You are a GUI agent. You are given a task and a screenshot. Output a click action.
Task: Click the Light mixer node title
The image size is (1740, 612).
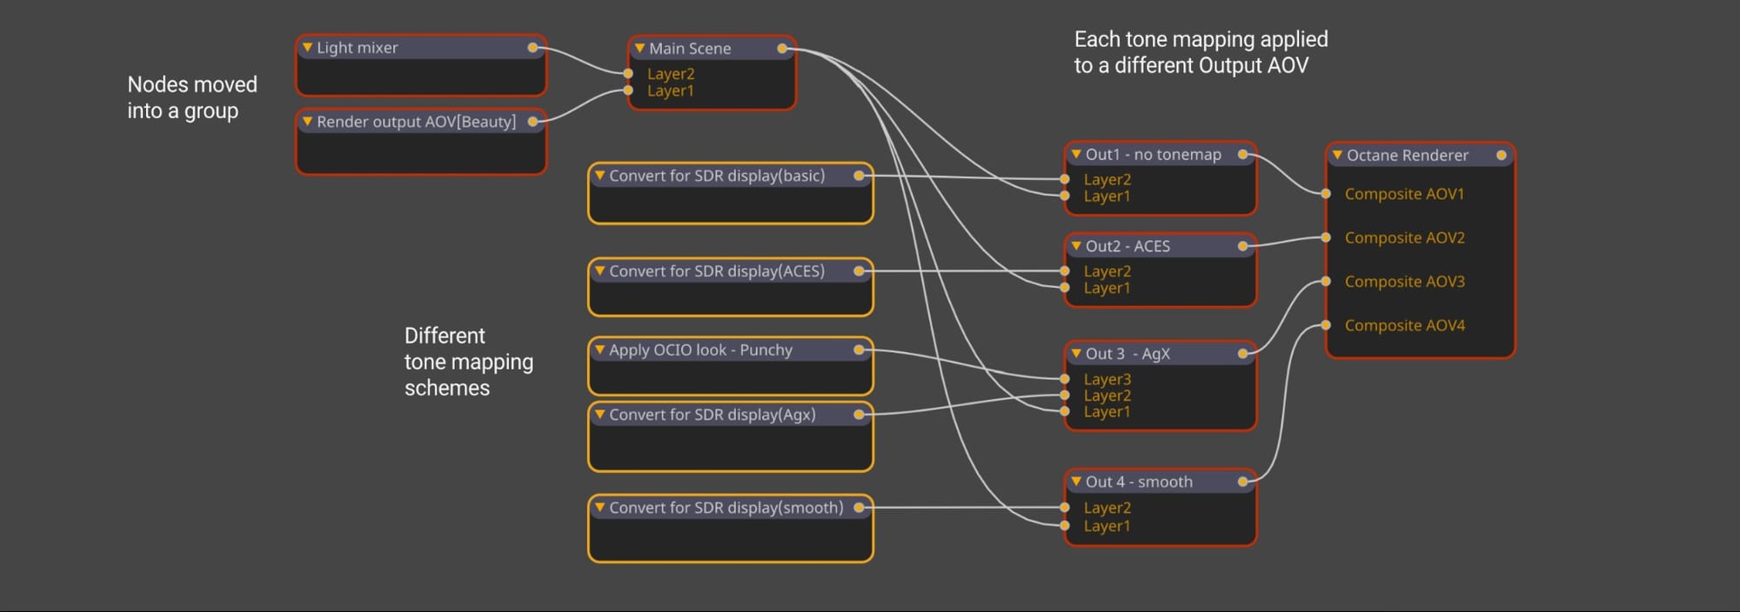(357, 48)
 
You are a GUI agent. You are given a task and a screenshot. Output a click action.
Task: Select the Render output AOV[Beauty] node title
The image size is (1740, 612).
(416, 122)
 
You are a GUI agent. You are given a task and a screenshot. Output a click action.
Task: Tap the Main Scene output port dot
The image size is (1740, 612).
(782, 49)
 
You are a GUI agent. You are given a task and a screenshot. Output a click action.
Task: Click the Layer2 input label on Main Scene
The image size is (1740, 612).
(671, 74)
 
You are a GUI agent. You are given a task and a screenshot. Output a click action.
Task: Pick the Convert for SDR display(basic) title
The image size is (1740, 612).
(717, 176)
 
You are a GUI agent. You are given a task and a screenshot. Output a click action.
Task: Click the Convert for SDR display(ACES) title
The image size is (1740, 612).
(717, 271)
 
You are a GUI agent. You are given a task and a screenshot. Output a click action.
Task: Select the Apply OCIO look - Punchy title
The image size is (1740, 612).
(700, 350)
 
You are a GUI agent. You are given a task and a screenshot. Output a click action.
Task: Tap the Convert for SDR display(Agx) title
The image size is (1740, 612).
(713, 415)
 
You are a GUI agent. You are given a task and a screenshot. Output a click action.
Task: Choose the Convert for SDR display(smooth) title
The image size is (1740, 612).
(726, 508)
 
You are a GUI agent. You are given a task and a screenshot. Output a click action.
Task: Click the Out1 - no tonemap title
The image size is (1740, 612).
(1153, 155)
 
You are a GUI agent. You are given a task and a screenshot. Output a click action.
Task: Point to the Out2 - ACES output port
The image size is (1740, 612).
(1242, 246)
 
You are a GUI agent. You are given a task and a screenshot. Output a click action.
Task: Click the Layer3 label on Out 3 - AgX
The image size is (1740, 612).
(1108, 379)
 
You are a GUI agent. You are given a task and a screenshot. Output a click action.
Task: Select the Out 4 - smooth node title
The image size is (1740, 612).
(1139, 482)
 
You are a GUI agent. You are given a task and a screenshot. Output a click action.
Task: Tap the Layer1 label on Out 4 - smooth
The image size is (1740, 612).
(1108, 526)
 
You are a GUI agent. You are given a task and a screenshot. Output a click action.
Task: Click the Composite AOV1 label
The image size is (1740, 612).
(1404, 194)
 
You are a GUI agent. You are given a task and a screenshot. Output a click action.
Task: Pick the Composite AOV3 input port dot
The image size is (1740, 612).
(1326, 281)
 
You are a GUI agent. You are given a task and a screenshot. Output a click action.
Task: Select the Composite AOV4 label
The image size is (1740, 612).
(1405, 325)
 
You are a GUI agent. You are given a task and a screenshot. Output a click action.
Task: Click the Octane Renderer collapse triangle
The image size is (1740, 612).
(1337, 155)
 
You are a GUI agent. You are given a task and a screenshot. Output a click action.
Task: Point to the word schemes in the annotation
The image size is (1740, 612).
(447, 388)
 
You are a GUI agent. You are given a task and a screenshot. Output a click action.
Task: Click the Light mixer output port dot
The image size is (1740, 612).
(532, 48)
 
